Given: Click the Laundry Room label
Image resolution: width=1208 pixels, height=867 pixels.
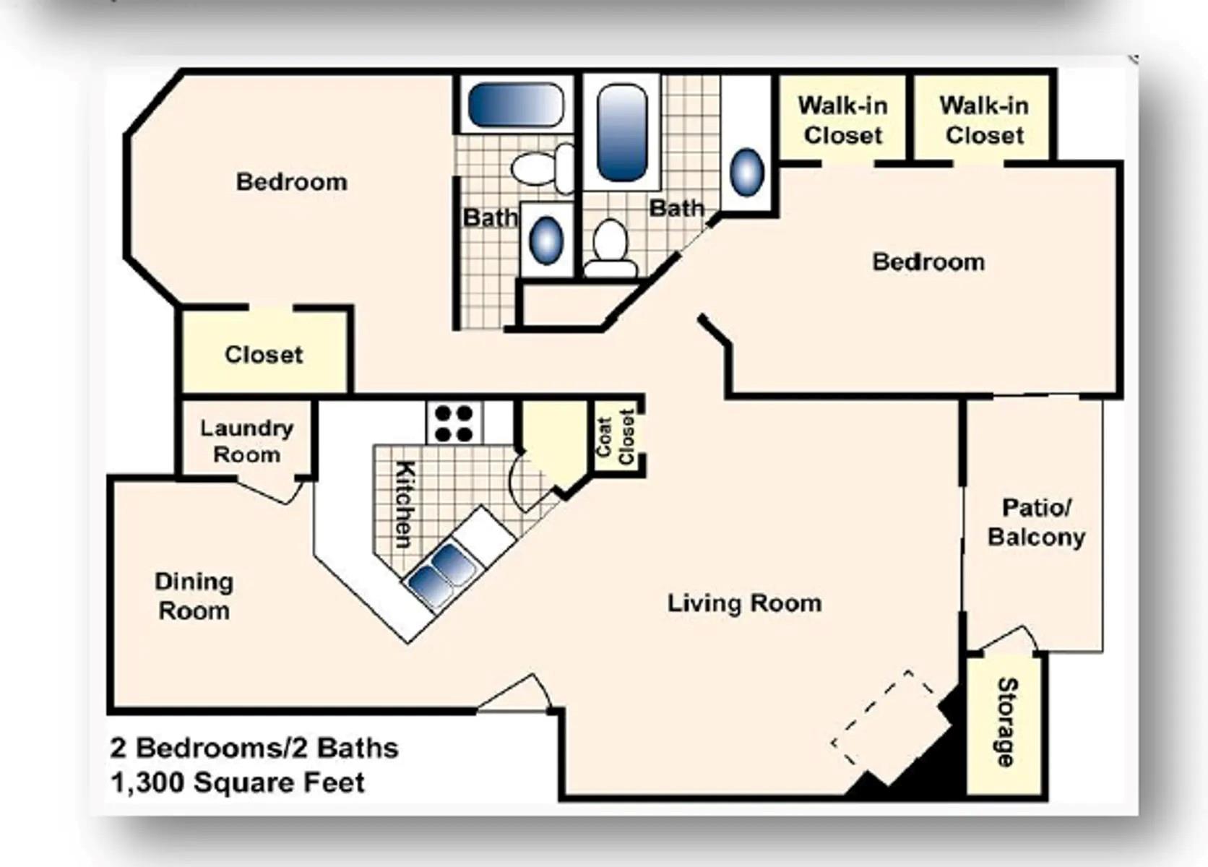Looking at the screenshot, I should [x=246, y=441].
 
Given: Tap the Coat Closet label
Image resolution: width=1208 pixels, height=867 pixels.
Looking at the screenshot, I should [x=616, y=438].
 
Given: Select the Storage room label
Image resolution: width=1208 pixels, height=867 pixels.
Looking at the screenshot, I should [x=1006, y=722].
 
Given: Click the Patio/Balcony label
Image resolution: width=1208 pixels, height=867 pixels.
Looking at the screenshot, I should [x=1036, y=522].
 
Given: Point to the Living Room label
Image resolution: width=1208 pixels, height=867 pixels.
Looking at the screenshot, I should [x=744, y=603].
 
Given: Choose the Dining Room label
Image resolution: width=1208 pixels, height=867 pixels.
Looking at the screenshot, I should [x=194, y=596].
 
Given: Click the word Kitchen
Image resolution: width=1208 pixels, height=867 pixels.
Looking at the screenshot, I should [x=405, y=504].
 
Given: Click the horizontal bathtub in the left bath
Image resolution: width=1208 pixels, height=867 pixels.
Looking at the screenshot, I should [x=515, y=105].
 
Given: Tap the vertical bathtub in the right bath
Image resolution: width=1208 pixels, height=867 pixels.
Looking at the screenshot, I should [x=622, y=132].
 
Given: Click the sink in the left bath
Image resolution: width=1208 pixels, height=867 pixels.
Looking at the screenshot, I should [x=546, y=241].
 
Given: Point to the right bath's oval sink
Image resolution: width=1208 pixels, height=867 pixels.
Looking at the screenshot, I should [x=747, y=172].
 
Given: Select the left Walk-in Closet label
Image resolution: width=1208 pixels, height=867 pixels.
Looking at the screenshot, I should [x=842, y=120].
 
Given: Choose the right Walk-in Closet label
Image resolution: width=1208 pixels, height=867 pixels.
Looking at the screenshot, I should [x=984, y=120].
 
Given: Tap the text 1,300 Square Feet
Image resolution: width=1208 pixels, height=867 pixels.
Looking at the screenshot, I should [x=238, y=782].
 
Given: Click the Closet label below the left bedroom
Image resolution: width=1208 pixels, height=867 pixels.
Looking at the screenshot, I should [x=264, y=354].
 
